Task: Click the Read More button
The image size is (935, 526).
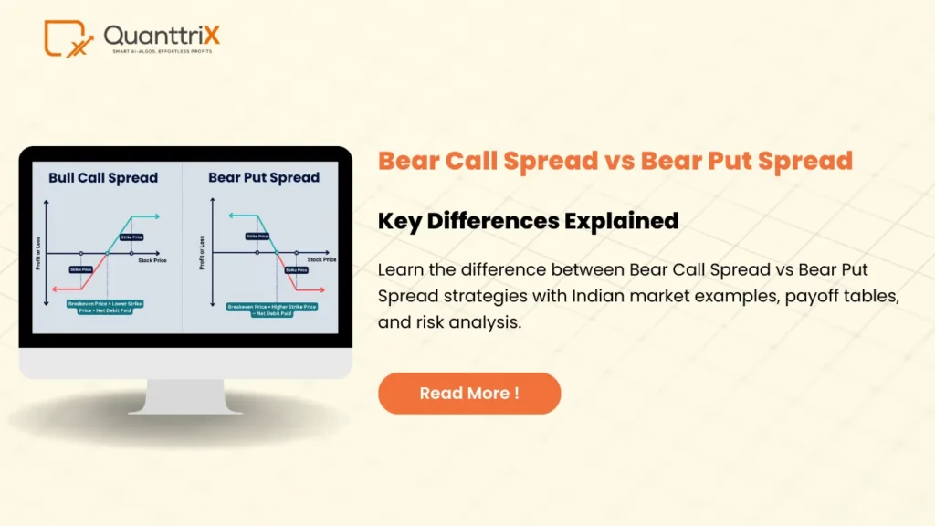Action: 469,394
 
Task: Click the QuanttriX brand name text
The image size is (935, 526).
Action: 162,36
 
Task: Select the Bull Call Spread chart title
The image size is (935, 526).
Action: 103,177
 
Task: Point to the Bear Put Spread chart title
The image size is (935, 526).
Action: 264,177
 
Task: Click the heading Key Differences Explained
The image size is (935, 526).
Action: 528,220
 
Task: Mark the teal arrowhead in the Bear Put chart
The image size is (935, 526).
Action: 231,216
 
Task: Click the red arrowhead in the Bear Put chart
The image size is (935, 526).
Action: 322,289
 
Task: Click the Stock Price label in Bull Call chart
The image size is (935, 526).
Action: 152,260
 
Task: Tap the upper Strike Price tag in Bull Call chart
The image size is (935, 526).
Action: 130,237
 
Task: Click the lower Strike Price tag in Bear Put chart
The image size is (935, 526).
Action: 297,270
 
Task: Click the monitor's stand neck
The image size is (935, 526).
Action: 184,395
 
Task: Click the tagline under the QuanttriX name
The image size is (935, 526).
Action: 162,52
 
